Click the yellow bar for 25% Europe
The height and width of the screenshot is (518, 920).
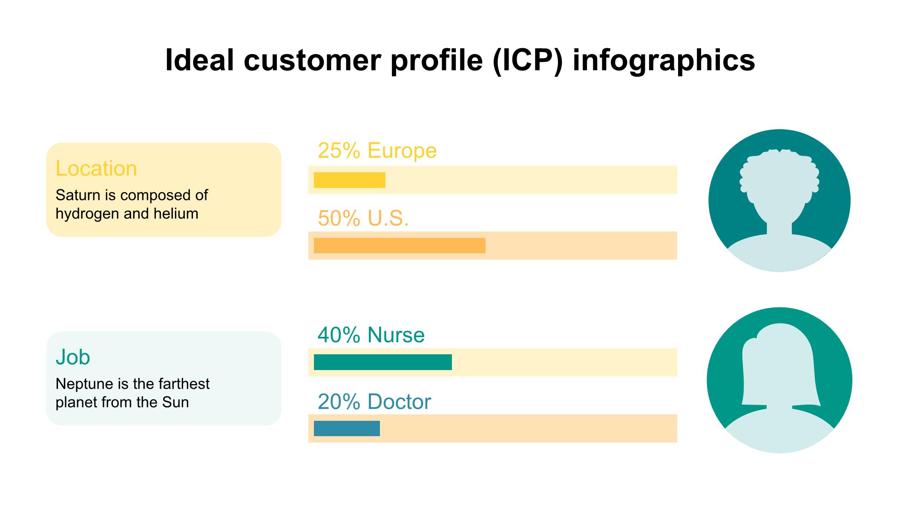coord(349,180)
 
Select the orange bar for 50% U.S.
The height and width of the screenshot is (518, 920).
coord(400,246)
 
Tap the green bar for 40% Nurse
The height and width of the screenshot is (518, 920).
coord(382,362)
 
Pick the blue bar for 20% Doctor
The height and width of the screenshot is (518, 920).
coord(347,428)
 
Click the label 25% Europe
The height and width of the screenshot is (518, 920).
coord(377,150)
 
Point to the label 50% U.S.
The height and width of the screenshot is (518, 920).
coord(363,218)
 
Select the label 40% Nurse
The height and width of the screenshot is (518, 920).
coord(371,335)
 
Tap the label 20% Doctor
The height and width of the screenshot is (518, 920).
coord(374,402)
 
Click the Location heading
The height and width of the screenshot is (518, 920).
coord(96,168)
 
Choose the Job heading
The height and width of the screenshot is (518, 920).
coord(73,357)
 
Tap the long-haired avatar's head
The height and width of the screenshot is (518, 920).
coord(779,367)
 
